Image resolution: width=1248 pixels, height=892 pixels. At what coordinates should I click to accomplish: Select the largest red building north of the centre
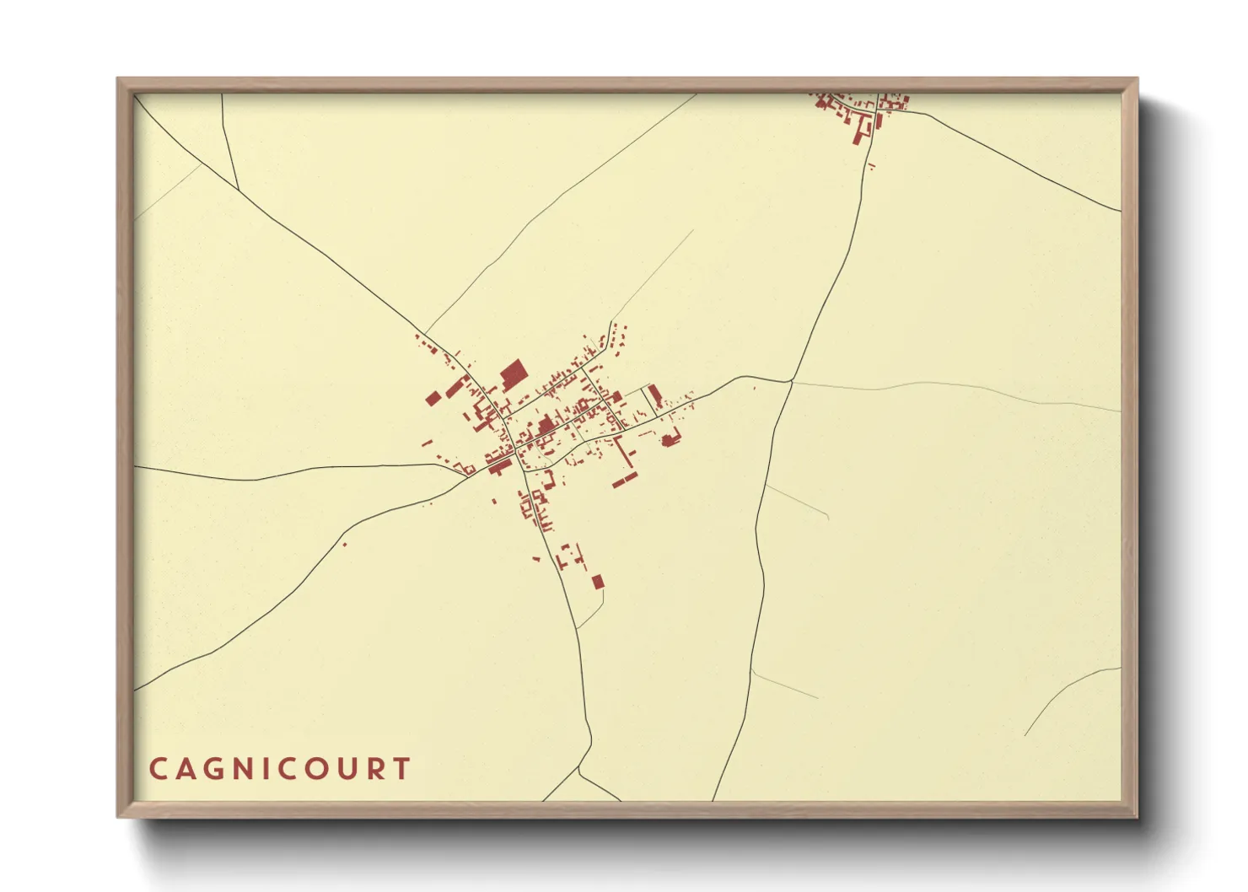512,374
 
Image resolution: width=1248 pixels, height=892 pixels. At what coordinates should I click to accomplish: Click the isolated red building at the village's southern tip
598,582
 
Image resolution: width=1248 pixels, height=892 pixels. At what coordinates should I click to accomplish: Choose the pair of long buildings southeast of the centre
626,462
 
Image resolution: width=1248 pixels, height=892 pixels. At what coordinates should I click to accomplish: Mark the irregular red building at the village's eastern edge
671,438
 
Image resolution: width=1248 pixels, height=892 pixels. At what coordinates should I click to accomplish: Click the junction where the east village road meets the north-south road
791,381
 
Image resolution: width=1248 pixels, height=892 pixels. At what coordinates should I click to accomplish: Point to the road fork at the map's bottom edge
578,769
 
